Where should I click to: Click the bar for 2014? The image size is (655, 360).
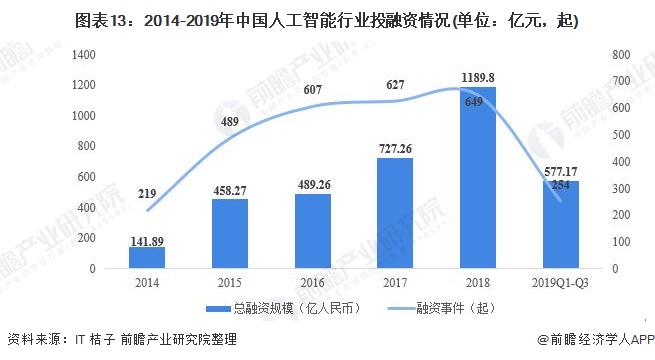pyautogui.click(x=147, y=258)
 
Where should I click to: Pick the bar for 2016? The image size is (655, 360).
pyautogui.click(x=312, y=231)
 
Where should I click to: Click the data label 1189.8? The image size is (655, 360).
pyautogui.click(x=476, y=76)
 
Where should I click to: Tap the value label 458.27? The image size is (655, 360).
pyautogui.click(x=230, y=189)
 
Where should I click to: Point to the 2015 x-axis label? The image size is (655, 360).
pyautogui.click(x=230, y=281)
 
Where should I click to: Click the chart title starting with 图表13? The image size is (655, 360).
pyautogui.click(x=327, y=19)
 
